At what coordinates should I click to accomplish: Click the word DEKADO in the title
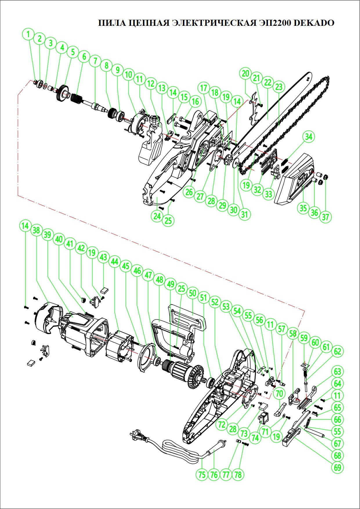(x=314, y=23)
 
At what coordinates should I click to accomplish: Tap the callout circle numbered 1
(x=28, y=34)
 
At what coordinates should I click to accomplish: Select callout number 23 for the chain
(x=279, y=87)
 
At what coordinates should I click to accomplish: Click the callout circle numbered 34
(x=309, y=137)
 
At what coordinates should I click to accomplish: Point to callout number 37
(x=325, y=217)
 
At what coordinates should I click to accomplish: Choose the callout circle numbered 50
(x=193, y=293)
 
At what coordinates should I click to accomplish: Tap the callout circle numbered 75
(x=202, y=474)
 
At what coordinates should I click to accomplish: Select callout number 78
(x=238, y=474)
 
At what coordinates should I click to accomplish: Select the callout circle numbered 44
(x=115, y=262)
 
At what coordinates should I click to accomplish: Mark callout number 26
(x=189, y=192)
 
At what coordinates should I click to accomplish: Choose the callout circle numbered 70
(x=279, y=394)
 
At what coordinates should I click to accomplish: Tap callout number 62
(x=338, y=352)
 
